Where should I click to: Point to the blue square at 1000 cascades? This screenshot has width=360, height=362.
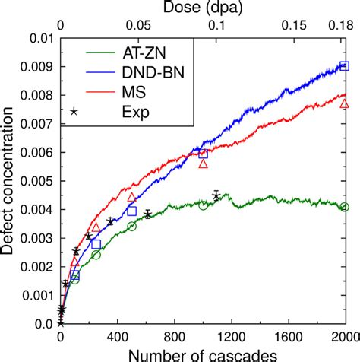203,154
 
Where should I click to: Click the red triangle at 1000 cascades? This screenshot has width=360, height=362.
203,164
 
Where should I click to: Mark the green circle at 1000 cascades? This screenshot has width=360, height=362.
203,206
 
